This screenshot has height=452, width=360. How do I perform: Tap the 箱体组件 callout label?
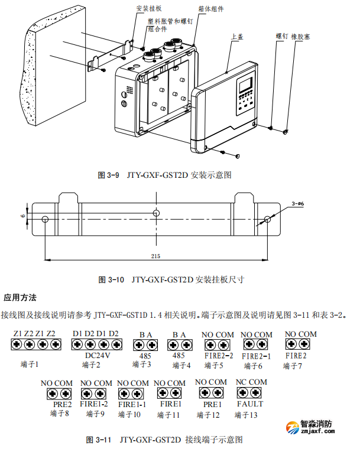pyautogui.click(x=211, y=9)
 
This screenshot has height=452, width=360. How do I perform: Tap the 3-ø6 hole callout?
pyautogui.click(x=297, y=204)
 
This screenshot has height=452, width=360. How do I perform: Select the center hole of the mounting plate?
pyautogui.click(x=156, y=213)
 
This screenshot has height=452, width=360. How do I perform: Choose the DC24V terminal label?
pyautogui.click(x=97, y=356)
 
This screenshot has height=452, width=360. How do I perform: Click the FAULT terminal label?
pyautogui.click(x=250, y=404)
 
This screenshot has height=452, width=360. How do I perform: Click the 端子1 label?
pyautogui.click(x=30, y=365)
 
